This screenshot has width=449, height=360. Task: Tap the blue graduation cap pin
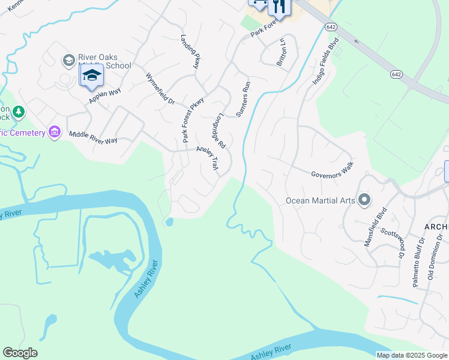click(91, 76)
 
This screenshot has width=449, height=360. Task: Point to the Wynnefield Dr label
click(160, 89)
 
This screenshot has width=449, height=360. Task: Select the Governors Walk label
click(333, 169)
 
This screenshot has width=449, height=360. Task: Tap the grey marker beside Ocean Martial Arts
click(364, 200)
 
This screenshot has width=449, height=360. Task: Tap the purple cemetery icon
click(55, 132)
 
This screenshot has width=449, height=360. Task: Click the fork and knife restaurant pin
click(279, 6)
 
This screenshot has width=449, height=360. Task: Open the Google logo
click(20, 353)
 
